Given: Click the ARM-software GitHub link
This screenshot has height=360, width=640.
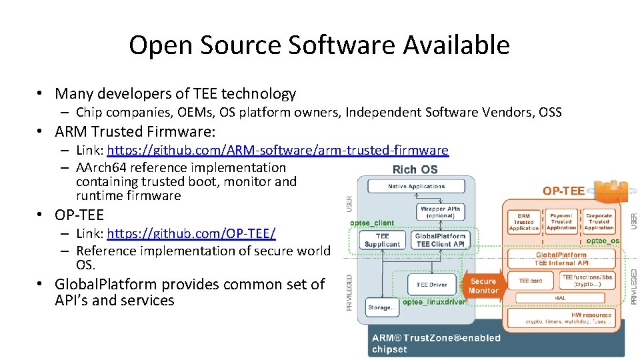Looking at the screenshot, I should (277, 151).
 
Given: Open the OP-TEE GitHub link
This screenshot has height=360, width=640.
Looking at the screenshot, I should (191, 234).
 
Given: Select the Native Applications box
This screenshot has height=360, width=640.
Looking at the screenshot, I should (416, 186).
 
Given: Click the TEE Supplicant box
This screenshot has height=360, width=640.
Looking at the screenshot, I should (382, 240).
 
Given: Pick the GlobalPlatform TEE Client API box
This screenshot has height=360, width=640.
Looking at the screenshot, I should (440, 240).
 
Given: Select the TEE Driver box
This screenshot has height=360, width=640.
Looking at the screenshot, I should (431, 285).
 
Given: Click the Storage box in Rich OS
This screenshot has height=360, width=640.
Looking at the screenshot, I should (381, 307).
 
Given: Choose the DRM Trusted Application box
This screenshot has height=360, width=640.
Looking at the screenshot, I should (523, 222).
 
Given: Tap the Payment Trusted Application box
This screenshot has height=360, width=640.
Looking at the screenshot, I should (561, 222).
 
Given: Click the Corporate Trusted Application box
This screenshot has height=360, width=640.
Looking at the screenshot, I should (599, 222).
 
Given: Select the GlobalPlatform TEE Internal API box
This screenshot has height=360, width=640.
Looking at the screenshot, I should (561, 259).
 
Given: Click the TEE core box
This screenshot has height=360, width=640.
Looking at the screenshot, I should (531, 281).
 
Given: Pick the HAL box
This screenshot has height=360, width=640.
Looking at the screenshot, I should (562, 298).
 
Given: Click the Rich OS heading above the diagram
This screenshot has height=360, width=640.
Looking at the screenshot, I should (415, 169).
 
